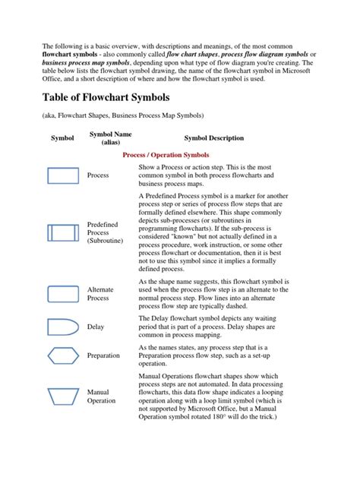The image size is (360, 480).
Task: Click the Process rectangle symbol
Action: [62, 175]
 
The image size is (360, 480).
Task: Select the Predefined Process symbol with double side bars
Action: [62, 233]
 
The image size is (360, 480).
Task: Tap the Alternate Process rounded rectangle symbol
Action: [62, 294]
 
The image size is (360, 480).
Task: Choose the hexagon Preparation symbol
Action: [62, 355]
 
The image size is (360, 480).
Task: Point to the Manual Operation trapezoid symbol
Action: [62, 396]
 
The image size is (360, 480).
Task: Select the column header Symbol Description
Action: [214, 138]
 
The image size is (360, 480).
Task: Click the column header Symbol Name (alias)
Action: [111, 137]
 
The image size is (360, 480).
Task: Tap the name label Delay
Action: [96, 327]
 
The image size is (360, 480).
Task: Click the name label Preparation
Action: [103, 355]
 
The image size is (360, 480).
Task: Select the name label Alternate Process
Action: [101, 295]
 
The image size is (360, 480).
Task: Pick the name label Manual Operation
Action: [102, 396]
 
